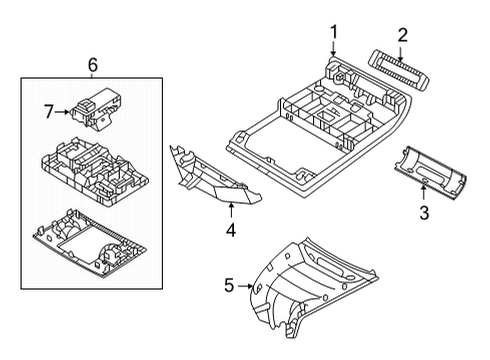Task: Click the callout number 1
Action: (x=334, y=33)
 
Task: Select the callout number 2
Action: (x=402, y=35)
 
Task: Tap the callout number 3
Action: (x=424, y=213)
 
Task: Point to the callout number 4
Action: (x=231, y=230)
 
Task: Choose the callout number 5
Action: (x=229, y=286)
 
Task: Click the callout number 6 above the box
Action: (x=93, y=65)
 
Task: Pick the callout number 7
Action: (x=49, y=112)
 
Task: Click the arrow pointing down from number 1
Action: (x=333, y=48)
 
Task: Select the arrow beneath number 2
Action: (x=401, y=54)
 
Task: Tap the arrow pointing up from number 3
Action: (x=423, y=193)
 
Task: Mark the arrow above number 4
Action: (x=231, y=210)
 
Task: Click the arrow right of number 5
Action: (x=245, y=286)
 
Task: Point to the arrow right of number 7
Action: (x=62, y=112)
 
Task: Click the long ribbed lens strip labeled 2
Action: (x=399, y=70)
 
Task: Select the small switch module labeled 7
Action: (x=96, y=110)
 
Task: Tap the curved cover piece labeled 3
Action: (x=430, y=173)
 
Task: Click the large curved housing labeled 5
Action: (x=313, y=287)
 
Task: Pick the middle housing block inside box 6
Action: (x=94, y=171)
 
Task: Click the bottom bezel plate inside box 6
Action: (x=89, y=243)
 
